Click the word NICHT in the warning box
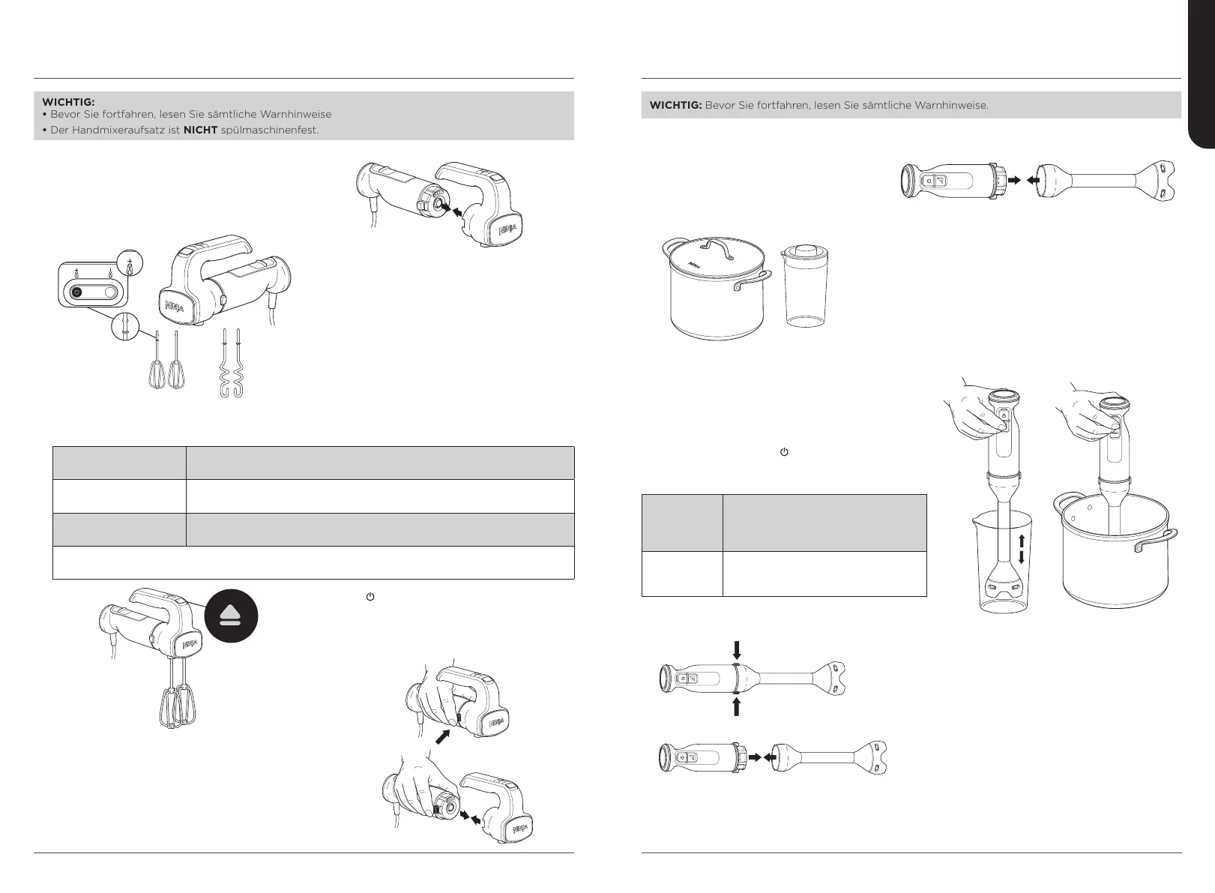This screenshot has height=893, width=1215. [201, 130]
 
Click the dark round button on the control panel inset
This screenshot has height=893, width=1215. [76, 294]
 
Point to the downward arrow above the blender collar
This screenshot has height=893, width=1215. [736, 649]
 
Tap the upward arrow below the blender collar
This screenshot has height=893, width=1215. [736, 706]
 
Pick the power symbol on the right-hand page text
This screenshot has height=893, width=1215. [783, 453]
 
